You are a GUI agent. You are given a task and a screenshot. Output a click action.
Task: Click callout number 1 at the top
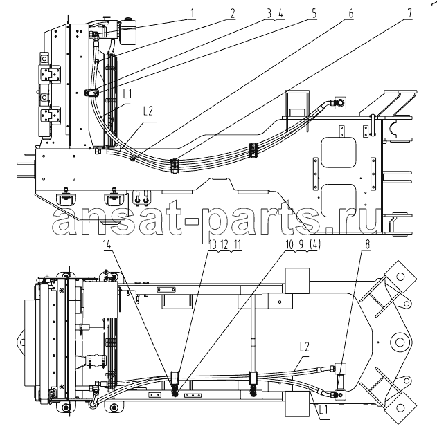coord(193,13)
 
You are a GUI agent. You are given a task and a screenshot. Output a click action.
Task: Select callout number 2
coord(233,13)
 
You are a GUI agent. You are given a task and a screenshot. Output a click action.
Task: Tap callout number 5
coord(314,13)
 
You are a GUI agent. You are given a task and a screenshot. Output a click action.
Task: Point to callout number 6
coord(351,13)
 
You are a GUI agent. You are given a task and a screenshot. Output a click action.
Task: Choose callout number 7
coord(410,13)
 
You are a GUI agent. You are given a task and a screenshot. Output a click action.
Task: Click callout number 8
coord(367,245)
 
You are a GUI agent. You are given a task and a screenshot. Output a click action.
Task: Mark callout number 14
coord(107,245)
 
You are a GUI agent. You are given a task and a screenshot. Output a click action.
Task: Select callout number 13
coord(213,245)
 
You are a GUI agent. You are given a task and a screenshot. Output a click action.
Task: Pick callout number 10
coord(289,245)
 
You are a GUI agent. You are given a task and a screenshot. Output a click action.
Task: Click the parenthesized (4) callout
coord(314,245)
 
